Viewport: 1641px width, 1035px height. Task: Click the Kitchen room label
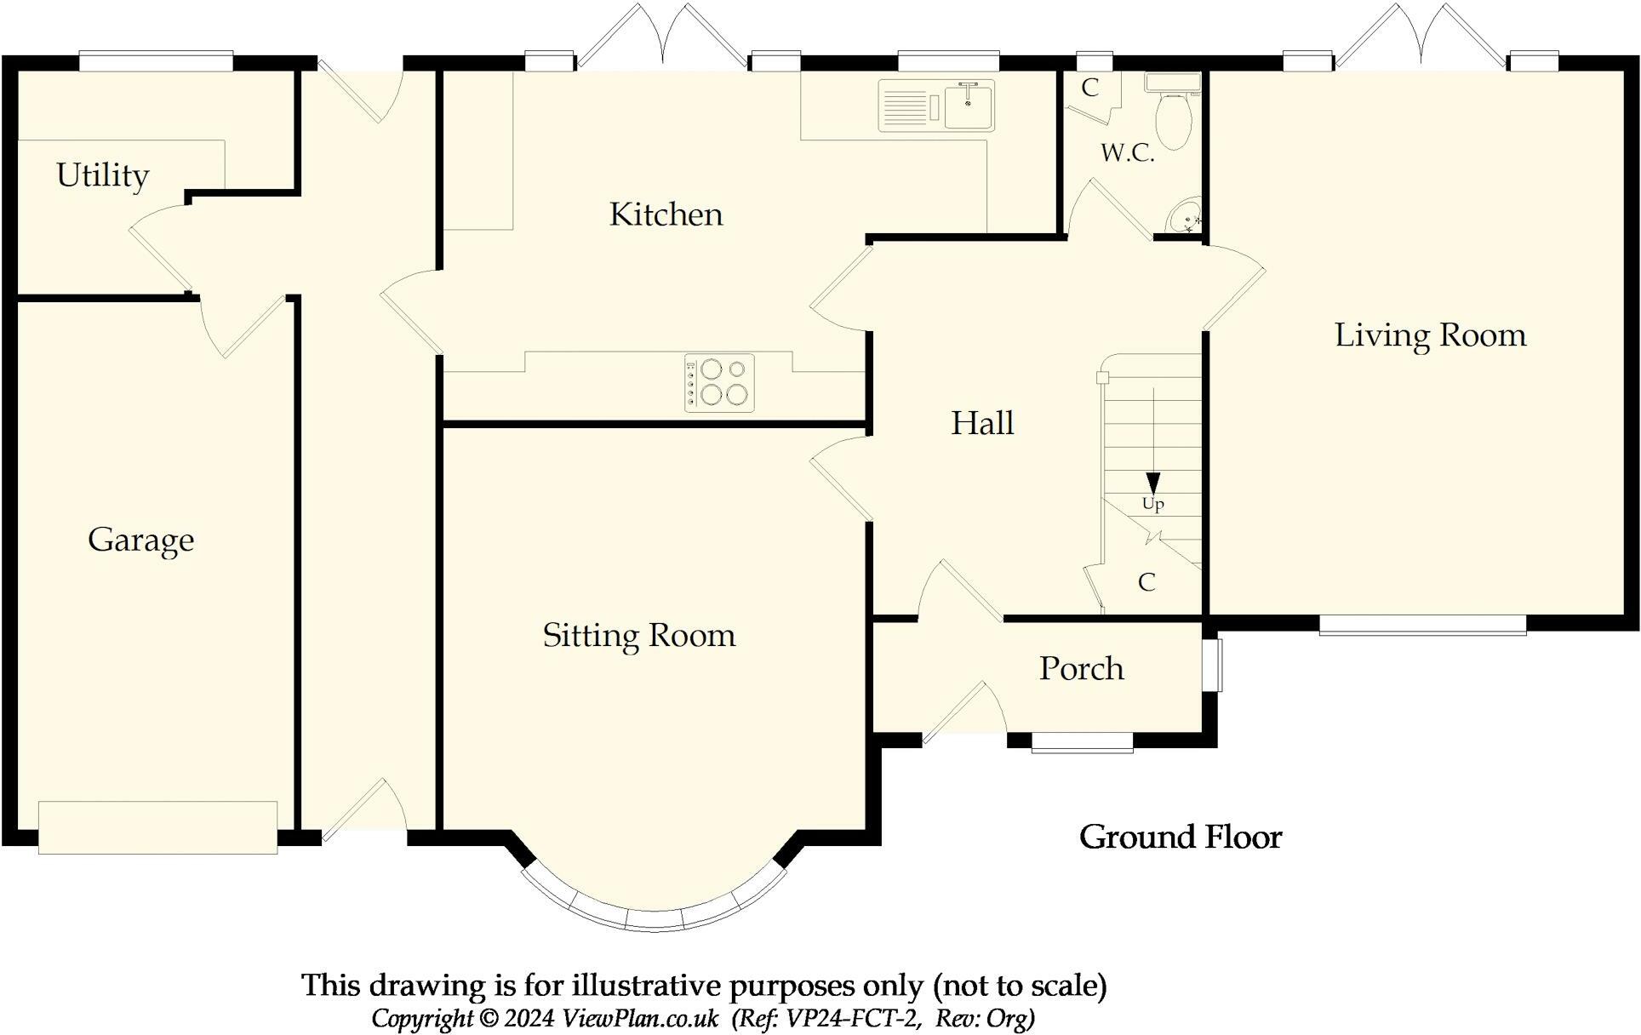coord(666,214)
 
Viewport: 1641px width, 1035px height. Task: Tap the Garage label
coord(141,540)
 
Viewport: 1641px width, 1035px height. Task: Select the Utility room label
coord(103,175)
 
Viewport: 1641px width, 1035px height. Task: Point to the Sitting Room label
coord(639,636)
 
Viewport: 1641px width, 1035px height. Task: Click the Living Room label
coord(1431,335)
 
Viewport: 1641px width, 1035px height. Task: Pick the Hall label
coord(982,423)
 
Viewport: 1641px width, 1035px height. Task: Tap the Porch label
coord(1082,669)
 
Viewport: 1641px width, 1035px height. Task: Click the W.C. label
coord(1128,153)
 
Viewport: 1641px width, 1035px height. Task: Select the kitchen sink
coord(936,106)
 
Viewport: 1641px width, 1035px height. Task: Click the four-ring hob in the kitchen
coord(719,383)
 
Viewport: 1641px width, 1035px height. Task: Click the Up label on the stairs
coord(1153,504)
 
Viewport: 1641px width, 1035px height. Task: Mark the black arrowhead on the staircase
coord(1153,483)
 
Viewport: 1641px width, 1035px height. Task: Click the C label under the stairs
coord(1147,582)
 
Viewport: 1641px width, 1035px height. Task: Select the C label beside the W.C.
coord(1090,88)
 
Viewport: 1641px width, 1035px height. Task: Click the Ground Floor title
coord(1181,838)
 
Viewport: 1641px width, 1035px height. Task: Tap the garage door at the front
coord(158,827)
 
